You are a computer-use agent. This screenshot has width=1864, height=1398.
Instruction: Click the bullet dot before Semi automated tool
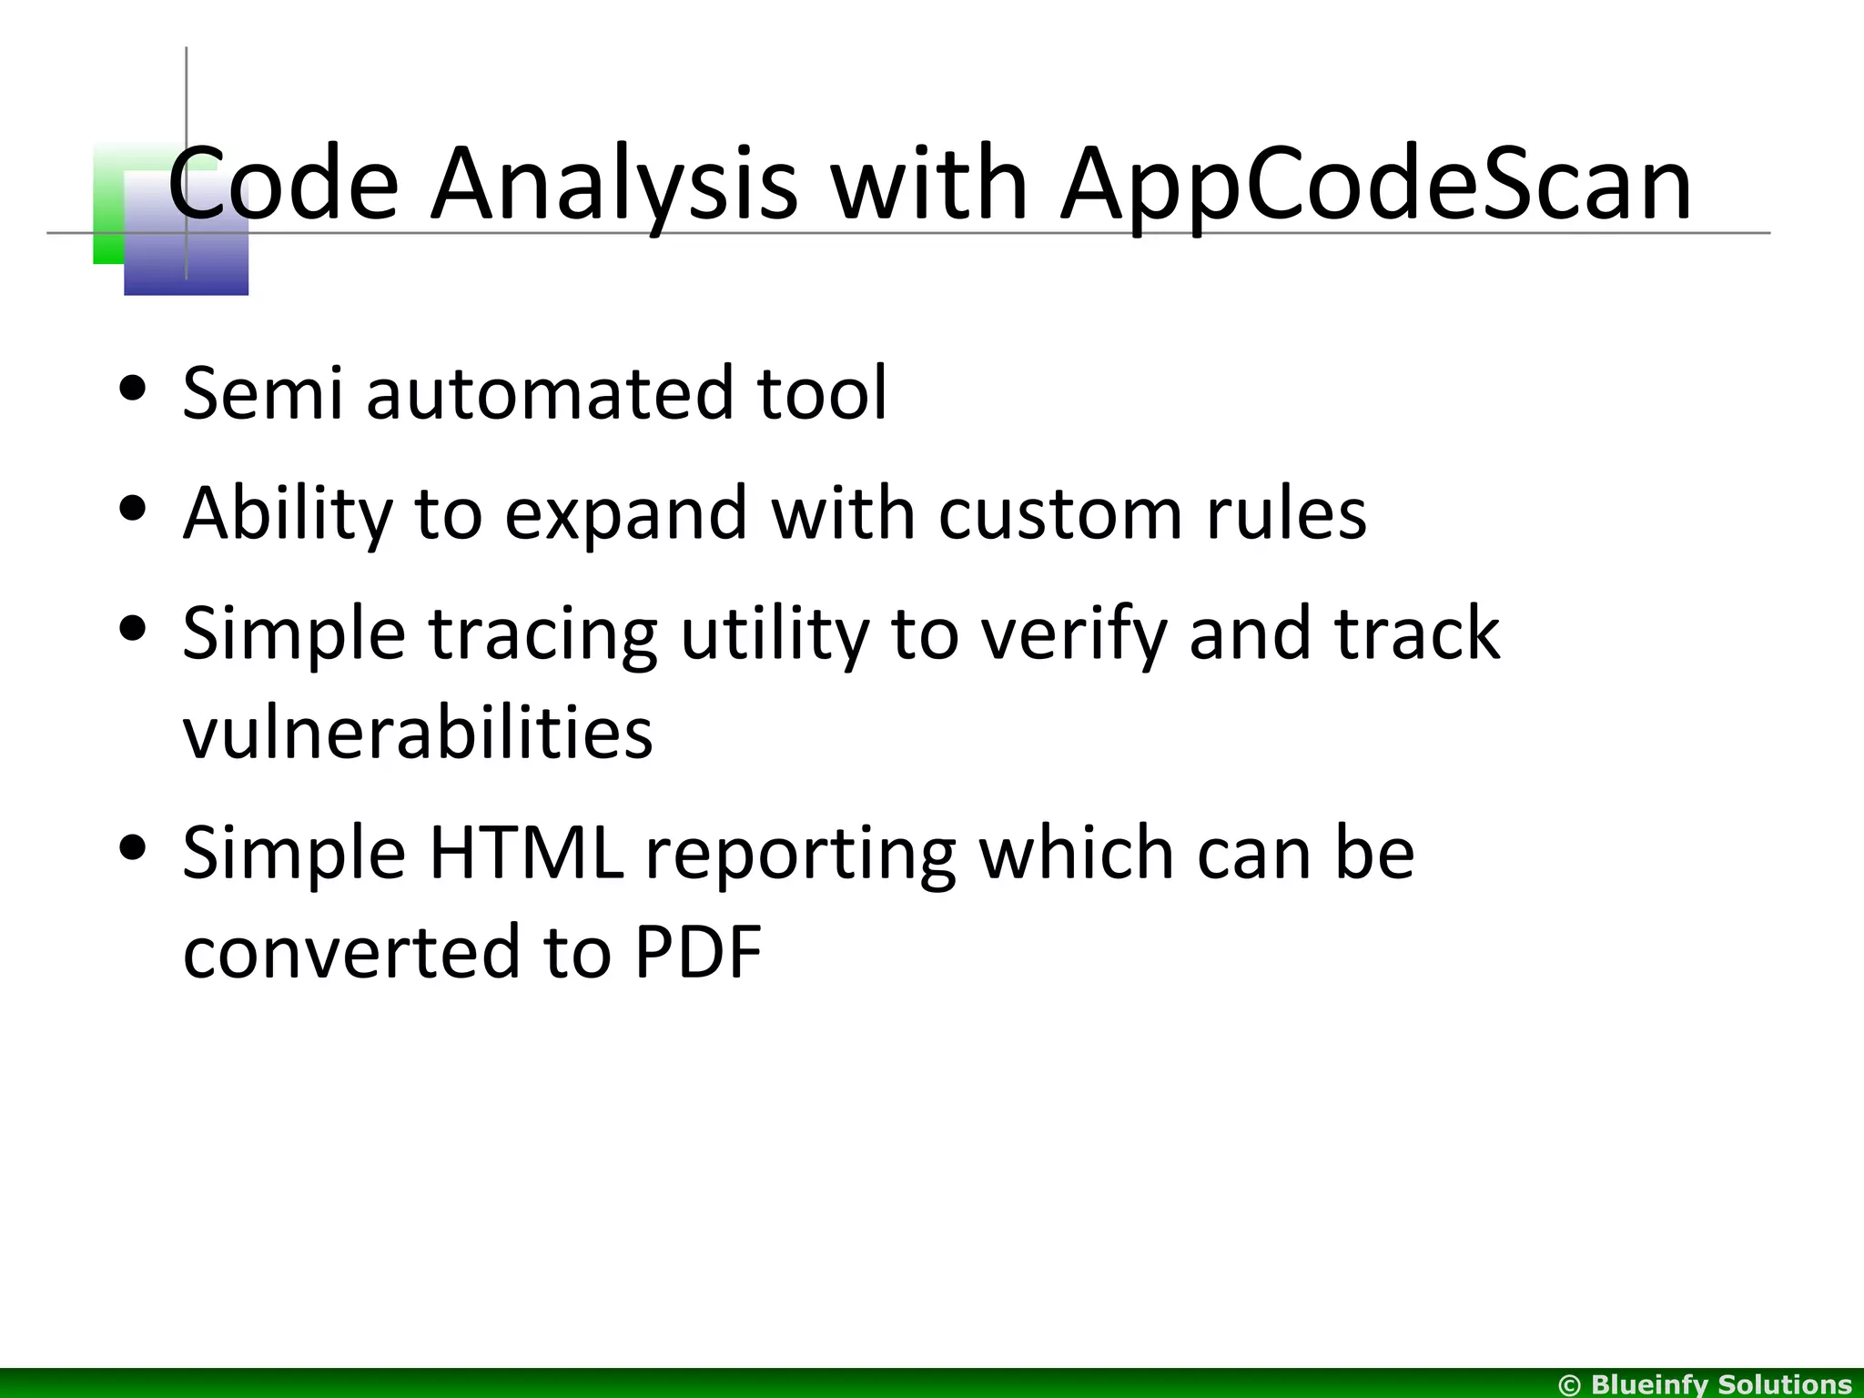point(133,389)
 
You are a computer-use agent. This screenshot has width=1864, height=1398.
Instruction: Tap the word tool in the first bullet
point(821,393)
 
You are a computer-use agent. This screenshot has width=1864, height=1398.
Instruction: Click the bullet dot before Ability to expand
point(133,510)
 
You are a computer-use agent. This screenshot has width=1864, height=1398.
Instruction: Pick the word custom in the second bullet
point(1060,513)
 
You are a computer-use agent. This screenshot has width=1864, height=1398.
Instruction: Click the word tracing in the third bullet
point(542,634)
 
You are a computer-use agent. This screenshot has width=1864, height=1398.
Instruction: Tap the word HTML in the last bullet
point(526,853)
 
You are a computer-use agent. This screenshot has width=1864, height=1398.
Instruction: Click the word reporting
point(800,856)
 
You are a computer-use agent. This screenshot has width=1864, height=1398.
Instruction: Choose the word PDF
point(698,952)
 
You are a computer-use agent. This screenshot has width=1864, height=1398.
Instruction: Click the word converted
point(351,952)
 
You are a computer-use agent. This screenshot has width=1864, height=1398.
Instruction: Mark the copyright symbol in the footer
point(1570,1384)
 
